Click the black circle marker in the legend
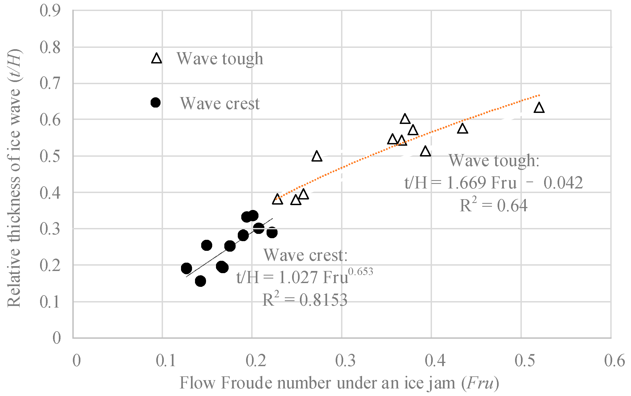(155, 102)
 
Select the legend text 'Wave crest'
(220, 103)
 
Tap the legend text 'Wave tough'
(220, 58)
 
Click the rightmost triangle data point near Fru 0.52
(539, 108)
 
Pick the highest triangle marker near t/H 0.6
(405, 119)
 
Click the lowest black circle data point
(200, 281)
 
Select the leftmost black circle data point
(186, 268)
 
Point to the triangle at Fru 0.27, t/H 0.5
(317, 156)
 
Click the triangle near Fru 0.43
(463, 129)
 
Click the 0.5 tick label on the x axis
(525, 361)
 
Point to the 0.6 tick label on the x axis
(614, 361)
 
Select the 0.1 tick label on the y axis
(50, 302)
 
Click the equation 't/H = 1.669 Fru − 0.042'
(494, 183)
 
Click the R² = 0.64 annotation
(494, 206)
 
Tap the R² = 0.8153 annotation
(305, 300)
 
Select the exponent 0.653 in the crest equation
(361, 272)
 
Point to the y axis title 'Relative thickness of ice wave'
(14, 177)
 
